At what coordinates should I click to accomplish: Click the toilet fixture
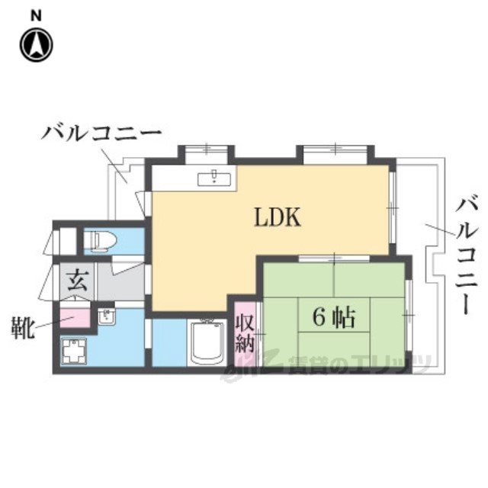coord(99,242)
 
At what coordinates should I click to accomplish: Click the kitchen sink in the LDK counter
coord(215,179)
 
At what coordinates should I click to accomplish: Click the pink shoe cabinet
coord(75,319)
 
